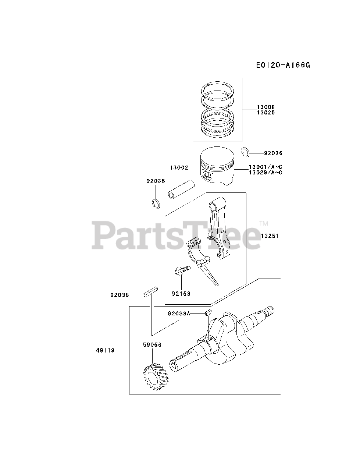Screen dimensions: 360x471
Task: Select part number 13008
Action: pyautogui.click(x=266, y=107)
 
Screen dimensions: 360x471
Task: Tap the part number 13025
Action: pyautogui.click(x=266, y=112)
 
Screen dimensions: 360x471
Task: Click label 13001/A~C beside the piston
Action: pyautogui.click(x=265, y=167)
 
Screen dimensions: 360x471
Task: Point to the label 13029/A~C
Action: pyautogui.click(x=265, y=172)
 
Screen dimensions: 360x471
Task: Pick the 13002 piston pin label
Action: pyautogui.click(x=179, y=167)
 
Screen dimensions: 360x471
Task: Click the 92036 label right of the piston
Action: pyautogui.click(x=274, y=153)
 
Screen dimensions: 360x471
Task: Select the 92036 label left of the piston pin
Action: pyautogui.click(x=156, y=181)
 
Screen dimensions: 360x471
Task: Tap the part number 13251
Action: pyautogui.click(x=270, y=236)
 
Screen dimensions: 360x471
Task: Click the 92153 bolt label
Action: pyautogui.click(x=181, y=294)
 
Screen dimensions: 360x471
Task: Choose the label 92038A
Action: pyautogui.click(x=179, y=314)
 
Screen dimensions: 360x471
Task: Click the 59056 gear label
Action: pyautogui.click(x=152, y=345)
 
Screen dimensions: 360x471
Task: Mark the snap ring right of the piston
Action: pyautogui.click(x=246, y=151)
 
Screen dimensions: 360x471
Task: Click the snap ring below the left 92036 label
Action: pyautogui.click(x=156, y=203)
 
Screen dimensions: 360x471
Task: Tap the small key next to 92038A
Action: pyautogui.click(x=207, y=313)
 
